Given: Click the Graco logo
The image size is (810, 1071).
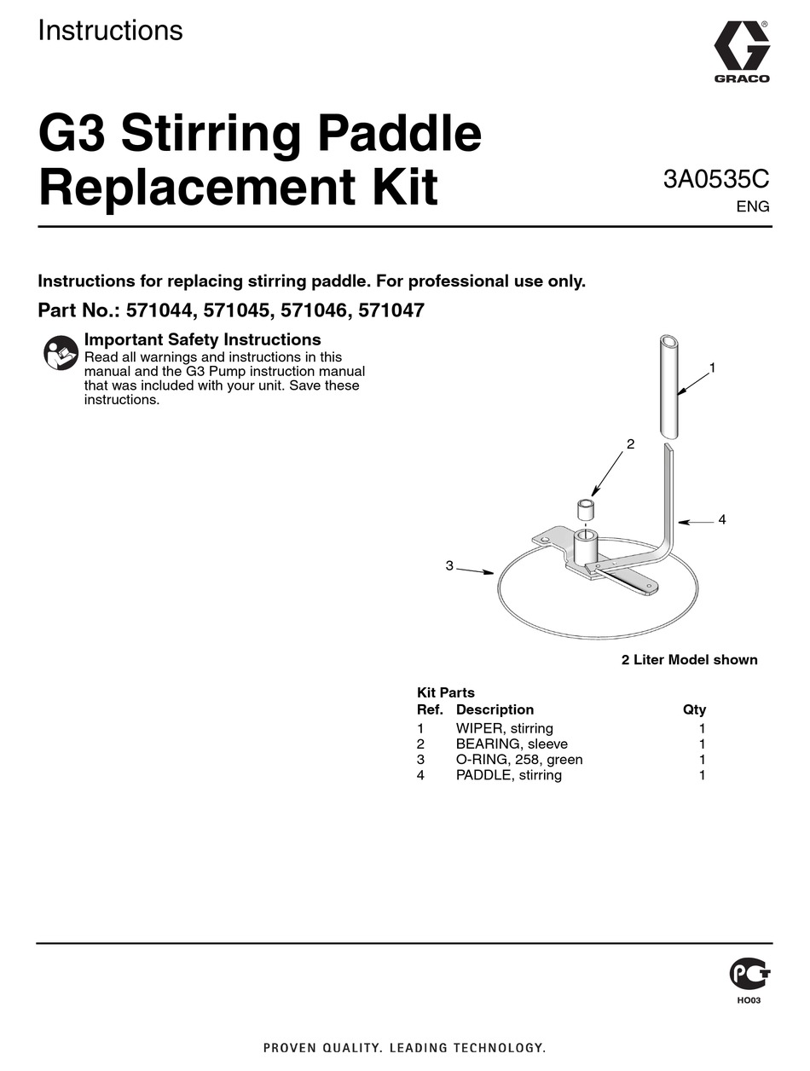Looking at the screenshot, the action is (x=742, y=51).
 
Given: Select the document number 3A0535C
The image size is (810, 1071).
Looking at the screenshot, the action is (x=716, y=179).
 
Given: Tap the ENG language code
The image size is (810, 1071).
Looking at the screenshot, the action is (x=753, y=207).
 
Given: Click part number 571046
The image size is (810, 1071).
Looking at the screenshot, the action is (x=315, y=310).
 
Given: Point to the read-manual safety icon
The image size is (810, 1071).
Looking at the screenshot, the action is (x=61, y=352).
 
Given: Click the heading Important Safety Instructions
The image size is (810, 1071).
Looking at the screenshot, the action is (x=202, y=339).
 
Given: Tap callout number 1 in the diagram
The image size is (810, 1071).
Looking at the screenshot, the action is (x=712, y=368).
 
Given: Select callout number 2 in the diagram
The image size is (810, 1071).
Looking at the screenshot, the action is (x=631, y=444).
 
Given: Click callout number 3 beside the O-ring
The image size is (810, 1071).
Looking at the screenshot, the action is (x=449, y=566).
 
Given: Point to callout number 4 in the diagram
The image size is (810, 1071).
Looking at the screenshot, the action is (x=721, y=519).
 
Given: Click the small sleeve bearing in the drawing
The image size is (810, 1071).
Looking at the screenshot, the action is (x=586, y=510).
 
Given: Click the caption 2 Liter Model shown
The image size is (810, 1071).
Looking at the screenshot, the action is (x=689, y=660).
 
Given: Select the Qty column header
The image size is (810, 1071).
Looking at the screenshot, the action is (x=694, y=709).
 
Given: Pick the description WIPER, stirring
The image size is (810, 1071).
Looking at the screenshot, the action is (x=504, y=728).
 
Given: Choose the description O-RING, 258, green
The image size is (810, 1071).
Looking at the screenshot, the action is (x=519, y=760).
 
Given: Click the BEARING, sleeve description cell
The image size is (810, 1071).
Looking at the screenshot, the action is (x=512, y=744).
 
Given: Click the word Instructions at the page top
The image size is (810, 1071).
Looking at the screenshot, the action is (x=110, y=30).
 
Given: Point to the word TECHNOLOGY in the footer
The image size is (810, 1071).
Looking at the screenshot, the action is (x=500, y=1048).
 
